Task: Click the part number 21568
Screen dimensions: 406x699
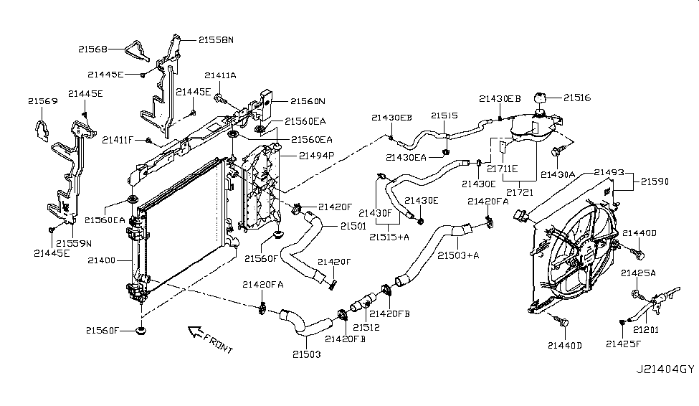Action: [x=93, y=49]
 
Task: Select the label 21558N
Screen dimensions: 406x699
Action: [x=196, y=41]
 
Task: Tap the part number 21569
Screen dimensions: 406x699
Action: [x=43, y=102]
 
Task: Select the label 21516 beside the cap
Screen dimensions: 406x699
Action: [x=577, y=98]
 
